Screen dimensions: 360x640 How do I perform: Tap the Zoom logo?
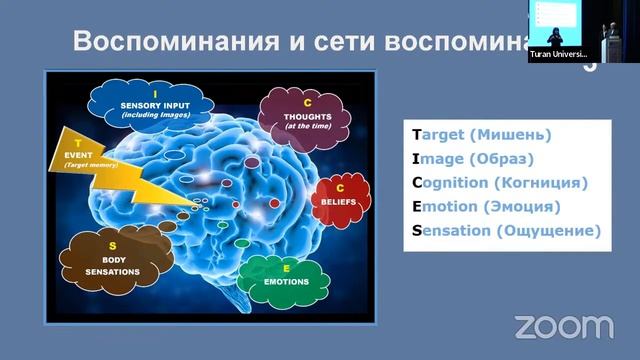click(x=564, y=326)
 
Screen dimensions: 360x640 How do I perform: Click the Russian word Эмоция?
click(x=522, y=207)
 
